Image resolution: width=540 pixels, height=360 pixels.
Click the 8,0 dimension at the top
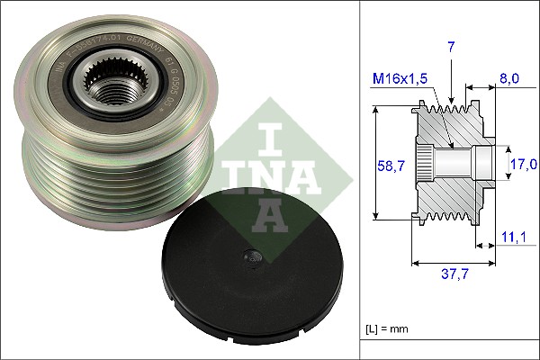[x=510, y=79]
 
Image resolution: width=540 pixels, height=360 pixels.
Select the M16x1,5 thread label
[x=401, y=79]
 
